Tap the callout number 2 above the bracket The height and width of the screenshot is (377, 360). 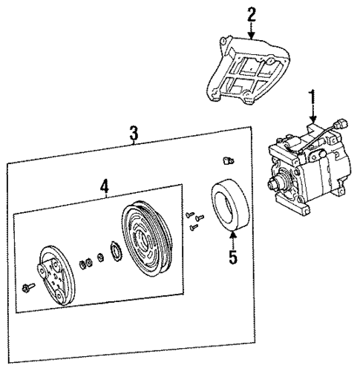click(252, 13)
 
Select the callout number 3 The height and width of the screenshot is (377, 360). click(134, 134)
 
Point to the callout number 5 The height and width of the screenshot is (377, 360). click(232, 259)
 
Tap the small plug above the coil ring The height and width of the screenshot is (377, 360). click(229, 160)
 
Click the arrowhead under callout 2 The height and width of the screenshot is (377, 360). click(252, 36)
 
